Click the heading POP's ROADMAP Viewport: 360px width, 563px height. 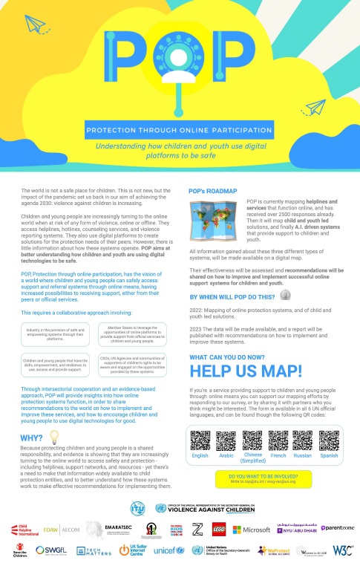215,190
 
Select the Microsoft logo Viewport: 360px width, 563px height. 251,530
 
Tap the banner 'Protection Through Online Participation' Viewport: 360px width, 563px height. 180,128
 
